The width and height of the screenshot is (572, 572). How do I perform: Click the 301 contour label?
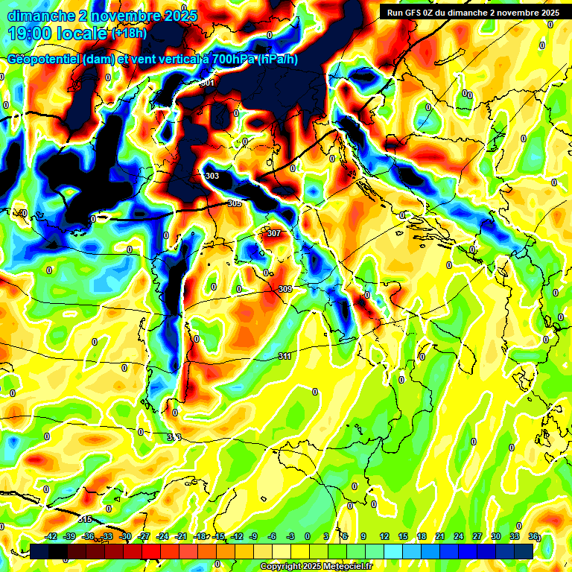pos(208,83)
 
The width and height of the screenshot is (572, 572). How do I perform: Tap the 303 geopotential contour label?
pos(212,176)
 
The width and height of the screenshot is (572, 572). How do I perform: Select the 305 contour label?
pos(235,203)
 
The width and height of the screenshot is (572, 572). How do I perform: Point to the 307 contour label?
pos(273,233)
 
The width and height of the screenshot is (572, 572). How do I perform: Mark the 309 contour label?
pos(285,289)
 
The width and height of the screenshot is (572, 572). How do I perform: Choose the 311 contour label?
pos(285,356)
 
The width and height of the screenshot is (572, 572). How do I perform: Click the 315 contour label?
pos(85,519)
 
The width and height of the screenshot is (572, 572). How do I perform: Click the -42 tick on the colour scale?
pos(51,536)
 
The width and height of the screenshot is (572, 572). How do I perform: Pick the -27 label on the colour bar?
pos(144,536)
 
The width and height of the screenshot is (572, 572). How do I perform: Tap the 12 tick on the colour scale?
pos(384,536)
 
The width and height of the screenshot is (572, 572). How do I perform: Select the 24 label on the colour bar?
pos(458,536)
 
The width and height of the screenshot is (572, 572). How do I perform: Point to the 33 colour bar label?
pos(514,536)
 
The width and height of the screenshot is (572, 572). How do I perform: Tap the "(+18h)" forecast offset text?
pos(130,34)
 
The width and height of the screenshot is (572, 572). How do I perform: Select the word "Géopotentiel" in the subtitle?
pos(43,60)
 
